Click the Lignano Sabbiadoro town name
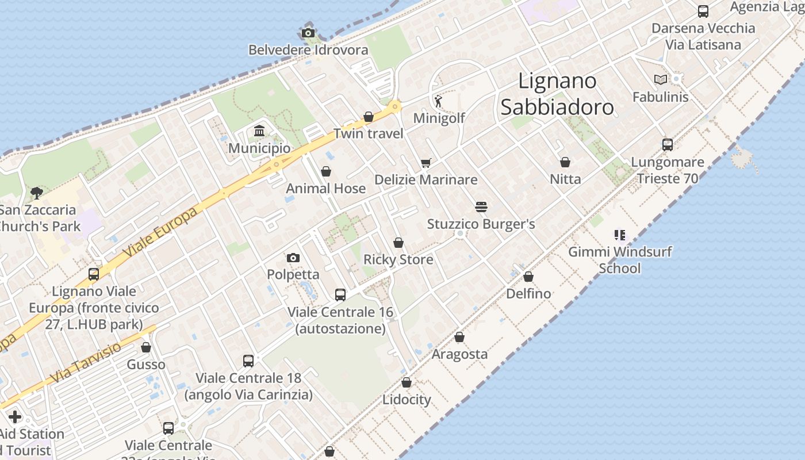[x=557, y=94]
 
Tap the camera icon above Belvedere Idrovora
[x=308, y=33]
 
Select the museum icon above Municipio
[x=259, y=131]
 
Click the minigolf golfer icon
[x=439, y=101]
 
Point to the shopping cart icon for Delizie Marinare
[x=425, y=163]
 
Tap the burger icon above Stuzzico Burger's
[x=481, y=207]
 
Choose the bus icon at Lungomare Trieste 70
[x=667, y=145]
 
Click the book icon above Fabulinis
[x=661, y=80]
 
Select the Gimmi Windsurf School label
[x=620, y=260]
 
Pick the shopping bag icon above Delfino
[x=528, y=277]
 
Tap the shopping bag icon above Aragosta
[x=459, y=337]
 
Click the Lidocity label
[x=407, y=400]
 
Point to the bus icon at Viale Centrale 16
[x=340, y=295]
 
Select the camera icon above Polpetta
[x=293, y=258]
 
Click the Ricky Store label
[x=398, y=260]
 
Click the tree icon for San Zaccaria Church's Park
[x=37, y=193]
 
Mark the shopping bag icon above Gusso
[x=146, y=347]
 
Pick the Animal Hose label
[x=325, y=189]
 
